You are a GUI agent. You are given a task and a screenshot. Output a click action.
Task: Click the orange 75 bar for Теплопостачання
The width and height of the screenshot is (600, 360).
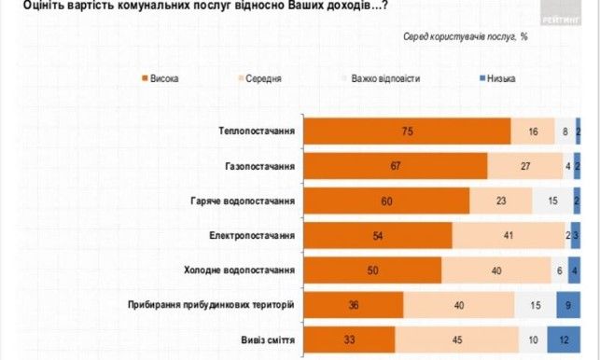click(x=408, y=132)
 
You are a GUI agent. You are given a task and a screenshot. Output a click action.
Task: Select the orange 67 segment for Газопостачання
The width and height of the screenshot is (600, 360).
click(x=397, y=166)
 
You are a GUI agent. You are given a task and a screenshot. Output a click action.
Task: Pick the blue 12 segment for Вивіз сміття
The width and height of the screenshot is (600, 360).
click(x=564, y=339)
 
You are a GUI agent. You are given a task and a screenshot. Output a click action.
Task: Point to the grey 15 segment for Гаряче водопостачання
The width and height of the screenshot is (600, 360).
click(x=551, y=201)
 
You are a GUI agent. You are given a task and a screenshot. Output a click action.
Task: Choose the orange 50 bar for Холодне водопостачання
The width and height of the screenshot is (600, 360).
click(x=374, y=270)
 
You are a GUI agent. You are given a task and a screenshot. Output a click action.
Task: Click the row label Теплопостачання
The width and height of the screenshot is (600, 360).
click(x=257, y=132)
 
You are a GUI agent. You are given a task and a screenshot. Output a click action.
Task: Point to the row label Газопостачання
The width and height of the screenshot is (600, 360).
click(x=260, y=166)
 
